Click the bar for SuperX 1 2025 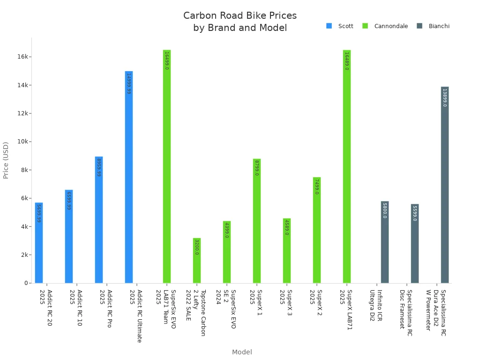[257, 221]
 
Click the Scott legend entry [340, 26]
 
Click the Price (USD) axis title [6, 160]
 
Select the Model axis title [242, 352]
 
